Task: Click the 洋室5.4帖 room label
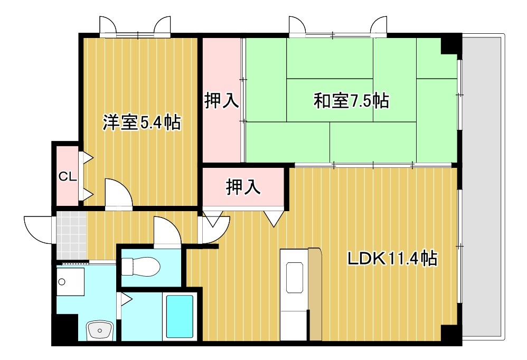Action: (x=142, y=122)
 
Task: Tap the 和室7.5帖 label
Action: (x=351, y=100)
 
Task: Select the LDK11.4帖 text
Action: (x=391, y=259)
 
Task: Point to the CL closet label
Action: (x=68, y=176)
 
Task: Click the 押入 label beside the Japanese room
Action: (x=222, y=100)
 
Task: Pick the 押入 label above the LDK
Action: (x=243, y=187)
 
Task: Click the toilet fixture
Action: (x=140, y=267)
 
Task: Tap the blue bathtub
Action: (x=180, y=316)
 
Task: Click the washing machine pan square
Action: (x=71, y=282)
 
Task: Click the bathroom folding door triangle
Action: (x=126, y=300)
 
